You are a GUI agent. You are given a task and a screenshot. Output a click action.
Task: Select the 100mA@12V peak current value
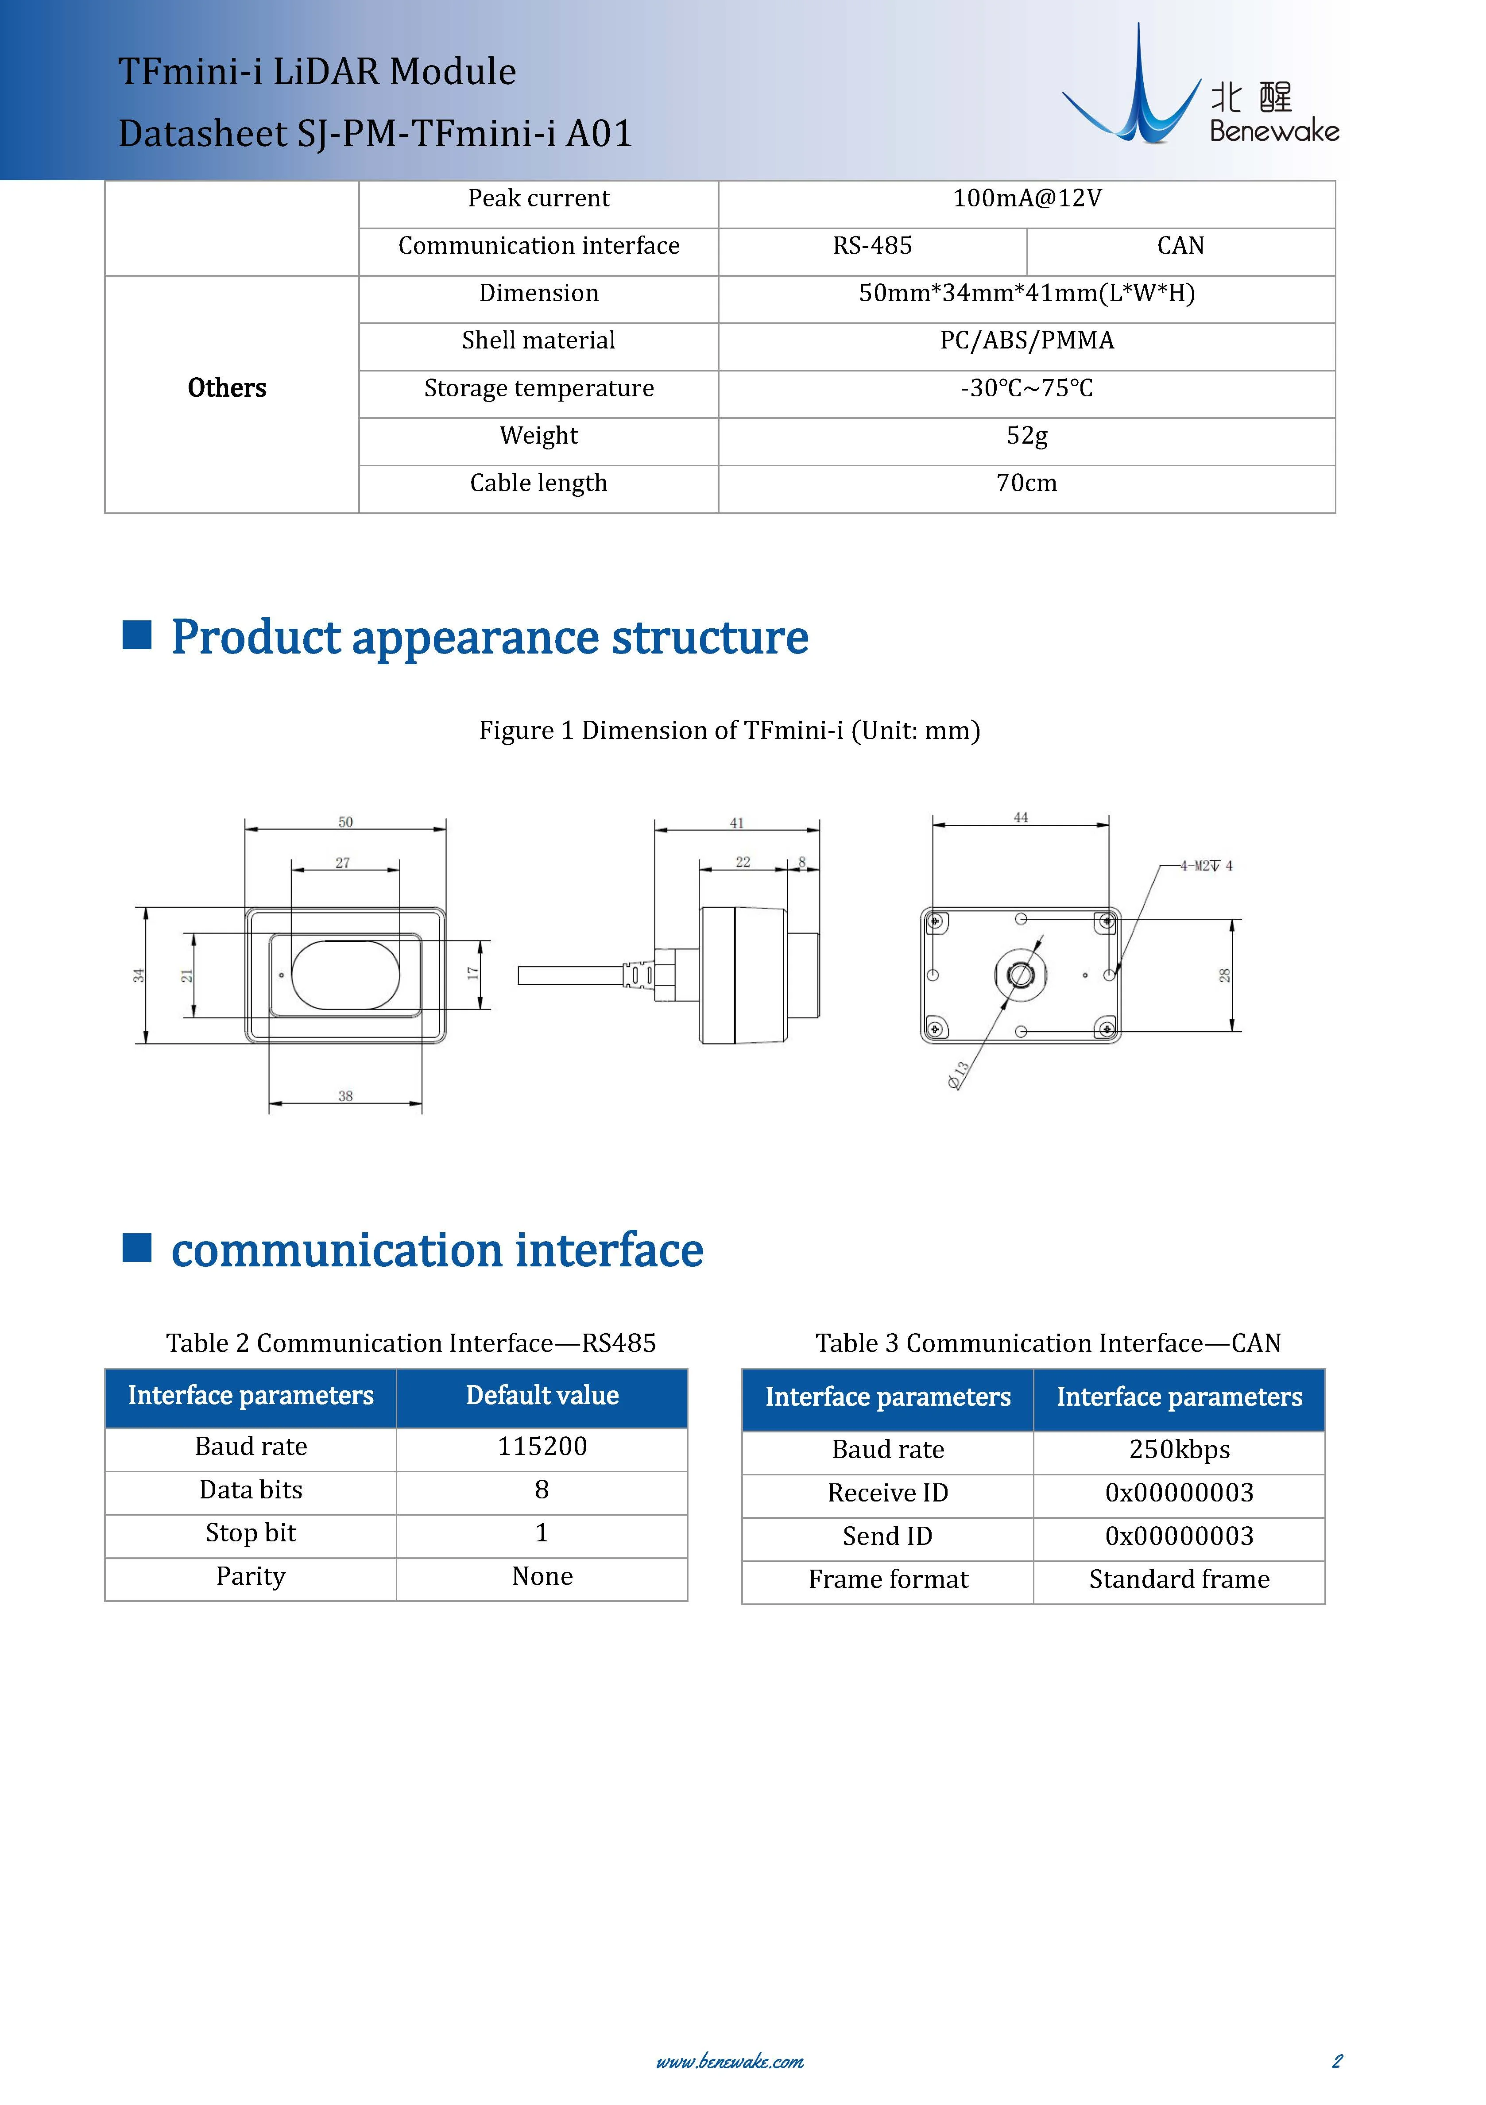(x=1027, y=199)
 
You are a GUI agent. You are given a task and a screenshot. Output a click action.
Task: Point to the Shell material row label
(x=538, y=341)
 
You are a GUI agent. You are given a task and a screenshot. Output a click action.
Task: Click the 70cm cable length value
(x=1027, y=483)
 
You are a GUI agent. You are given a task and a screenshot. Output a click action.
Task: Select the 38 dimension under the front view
(x=346, y=1095)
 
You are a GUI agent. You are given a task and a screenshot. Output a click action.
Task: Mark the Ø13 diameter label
(x=958, y=1075)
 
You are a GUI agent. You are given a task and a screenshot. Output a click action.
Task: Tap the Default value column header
(x=542, y=1395)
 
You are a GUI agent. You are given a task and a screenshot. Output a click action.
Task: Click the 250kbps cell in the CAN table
(x=1179, y=1450)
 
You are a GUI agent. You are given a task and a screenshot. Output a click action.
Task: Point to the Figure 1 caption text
(x=730, y=731)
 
